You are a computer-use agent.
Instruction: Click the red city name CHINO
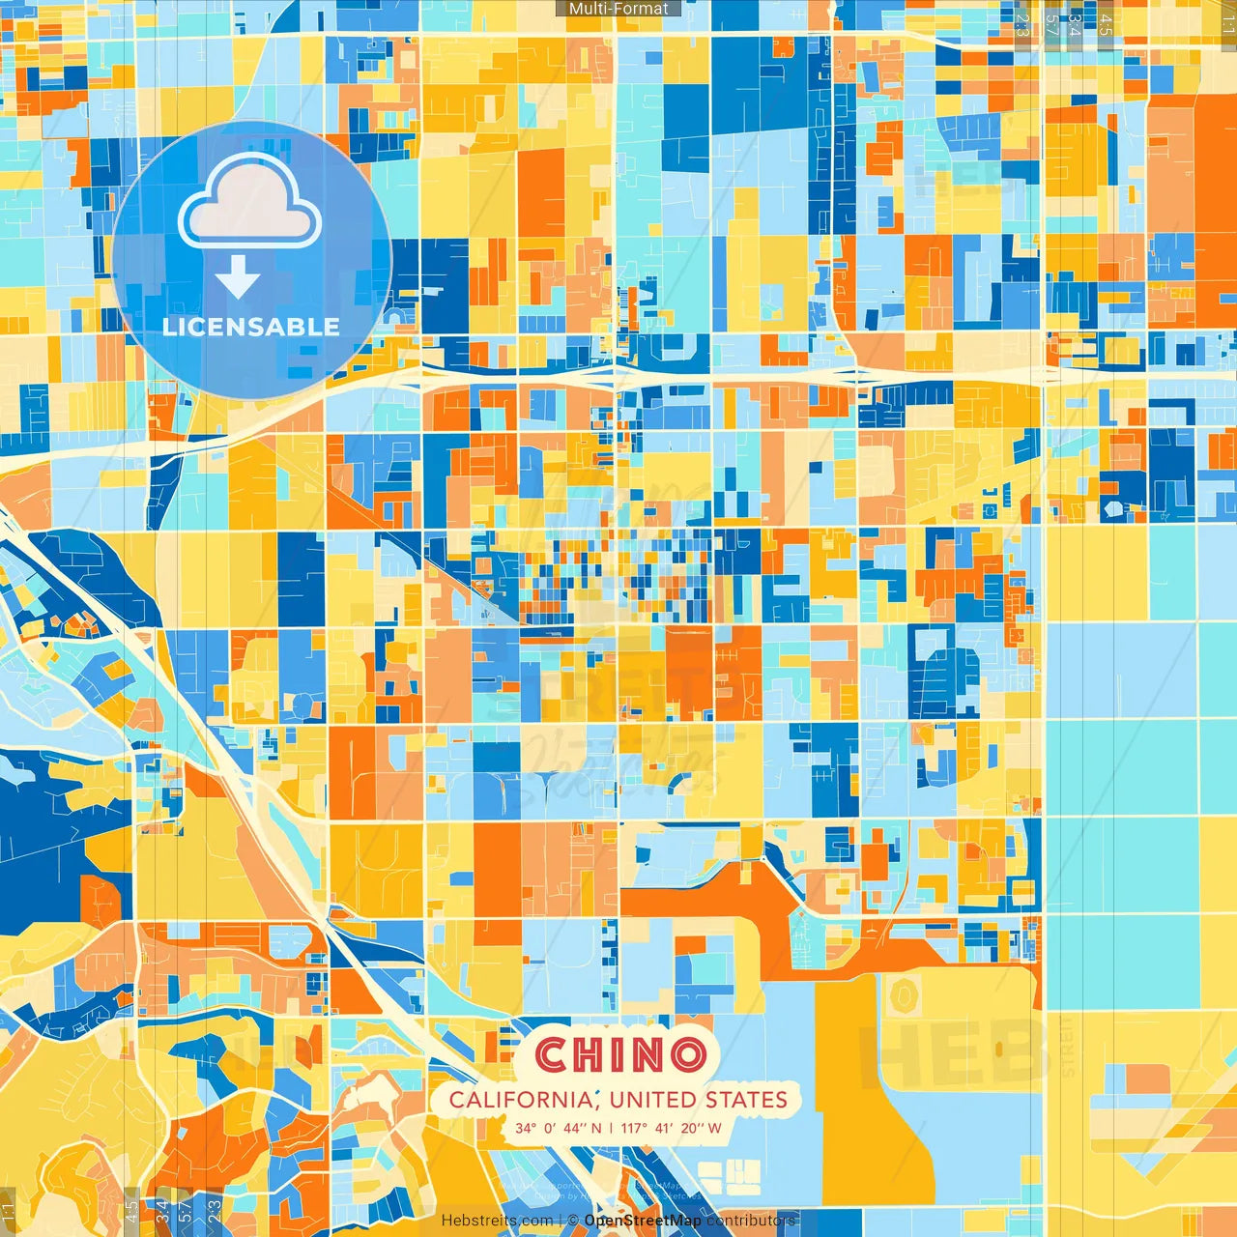click(x=619, y=1054)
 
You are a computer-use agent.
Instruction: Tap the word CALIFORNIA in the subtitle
click(x=521, y=1100)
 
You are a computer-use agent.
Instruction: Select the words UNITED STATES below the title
click(x=698, y=1100)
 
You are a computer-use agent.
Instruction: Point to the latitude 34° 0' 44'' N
click(x=558, y=1128)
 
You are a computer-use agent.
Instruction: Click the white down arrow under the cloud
click(x=238, y=277)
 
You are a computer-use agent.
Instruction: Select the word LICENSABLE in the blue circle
click(x=251, y=327)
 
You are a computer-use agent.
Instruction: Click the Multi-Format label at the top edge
click(x=618, y=9)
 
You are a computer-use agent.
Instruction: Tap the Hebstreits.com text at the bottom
click(x=497, y=1221)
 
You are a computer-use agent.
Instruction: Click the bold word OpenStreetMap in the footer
click(x=643, y=1221)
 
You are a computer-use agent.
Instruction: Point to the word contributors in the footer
click(x=751, y=1221)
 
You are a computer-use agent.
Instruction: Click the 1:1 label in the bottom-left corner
click(x=8, y=1211)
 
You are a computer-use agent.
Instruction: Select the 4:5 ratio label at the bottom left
click(x=131, y=1211)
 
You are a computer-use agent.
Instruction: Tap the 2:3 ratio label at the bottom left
click(x=215, y=1211)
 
